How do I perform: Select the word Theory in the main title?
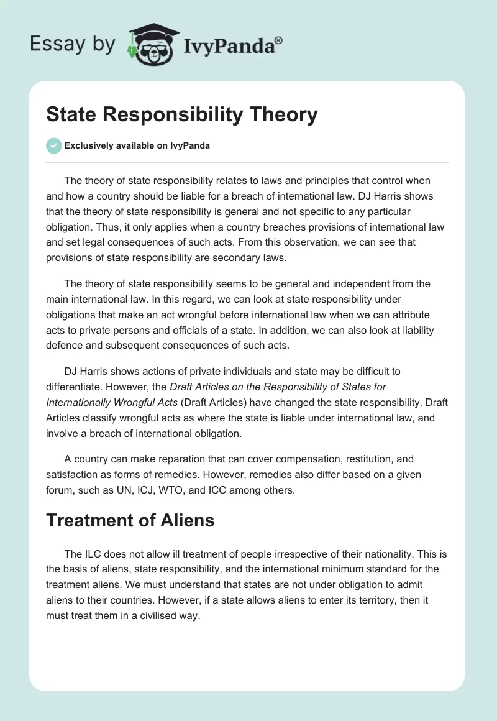click(x=283, y=114)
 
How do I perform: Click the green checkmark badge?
click(x=54, y=145)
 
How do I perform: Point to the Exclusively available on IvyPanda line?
click(x=137, y=145)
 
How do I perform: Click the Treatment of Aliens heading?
click(x=130, y=520)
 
